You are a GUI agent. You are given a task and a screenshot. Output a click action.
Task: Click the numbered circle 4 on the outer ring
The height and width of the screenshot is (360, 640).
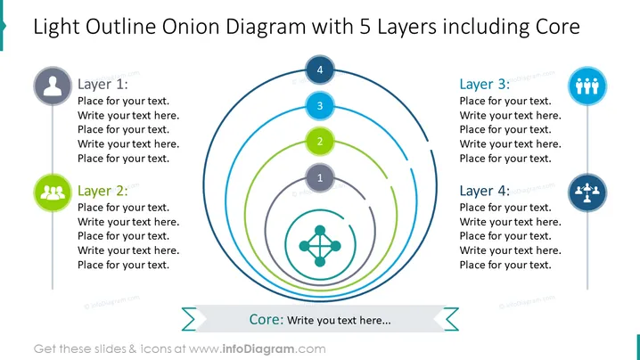coord(320,70)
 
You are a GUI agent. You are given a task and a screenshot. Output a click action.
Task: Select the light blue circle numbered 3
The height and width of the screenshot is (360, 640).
coord(320,106)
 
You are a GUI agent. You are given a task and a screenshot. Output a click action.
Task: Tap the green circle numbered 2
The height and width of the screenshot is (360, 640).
coord(320,141)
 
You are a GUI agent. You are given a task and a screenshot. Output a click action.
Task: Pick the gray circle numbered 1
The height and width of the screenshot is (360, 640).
coord(320,177)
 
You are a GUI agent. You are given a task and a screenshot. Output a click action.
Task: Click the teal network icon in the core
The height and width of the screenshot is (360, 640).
coord(320,246)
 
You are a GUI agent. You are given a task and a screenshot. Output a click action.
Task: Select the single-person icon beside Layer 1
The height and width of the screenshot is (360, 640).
coord(53,86)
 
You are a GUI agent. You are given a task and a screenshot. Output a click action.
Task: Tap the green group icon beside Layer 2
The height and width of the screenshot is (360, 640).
coord(53,192)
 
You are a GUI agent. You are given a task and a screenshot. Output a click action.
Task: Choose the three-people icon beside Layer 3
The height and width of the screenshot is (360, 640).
coord(587,86)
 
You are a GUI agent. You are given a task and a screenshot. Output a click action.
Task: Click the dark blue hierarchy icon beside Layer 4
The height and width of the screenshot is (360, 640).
coord(587,192)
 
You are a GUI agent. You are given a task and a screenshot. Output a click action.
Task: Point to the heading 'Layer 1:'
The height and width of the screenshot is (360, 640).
coord(103,84)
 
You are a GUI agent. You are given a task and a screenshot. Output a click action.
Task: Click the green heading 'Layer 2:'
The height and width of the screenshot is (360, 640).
coord(103,191)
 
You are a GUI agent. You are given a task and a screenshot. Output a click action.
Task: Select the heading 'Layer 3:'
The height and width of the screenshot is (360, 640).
coord(485,84)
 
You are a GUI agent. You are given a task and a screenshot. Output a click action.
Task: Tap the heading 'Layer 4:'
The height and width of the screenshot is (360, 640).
coord(485,191)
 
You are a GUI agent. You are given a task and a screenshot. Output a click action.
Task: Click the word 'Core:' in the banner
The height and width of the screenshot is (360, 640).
coord(267,319)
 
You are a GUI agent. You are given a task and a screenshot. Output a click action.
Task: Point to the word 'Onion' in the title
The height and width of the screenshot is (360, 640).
coord(191,27)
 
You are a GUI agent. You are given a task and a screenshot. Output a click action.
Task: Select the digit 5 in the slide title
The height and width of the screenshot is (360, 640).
coord(365,27)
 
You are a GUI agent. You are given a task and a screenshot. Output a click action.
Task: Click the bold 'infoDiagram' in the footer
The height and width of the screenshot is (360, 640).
coord(258,349)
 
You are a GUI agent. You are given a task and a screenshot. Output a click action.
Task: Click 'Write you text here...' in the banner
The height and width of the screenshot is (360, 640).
coord(339,321)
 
